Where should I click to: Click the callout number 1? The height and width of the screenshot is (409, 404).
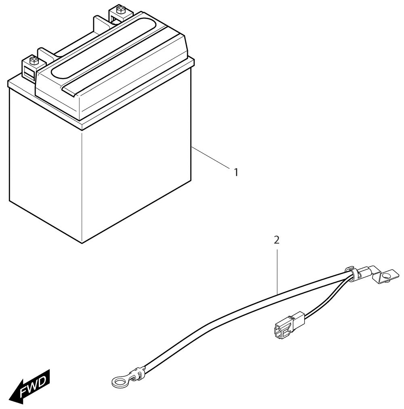pos(236,172)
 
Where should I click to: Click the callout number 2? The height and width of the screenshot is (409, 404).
pos(277,240)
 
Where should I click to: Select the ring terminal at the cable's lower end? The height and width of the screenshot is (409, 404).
pos(119,382)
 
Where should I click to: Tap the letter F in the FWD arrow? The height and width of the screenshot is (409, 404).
pos(24,390)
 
